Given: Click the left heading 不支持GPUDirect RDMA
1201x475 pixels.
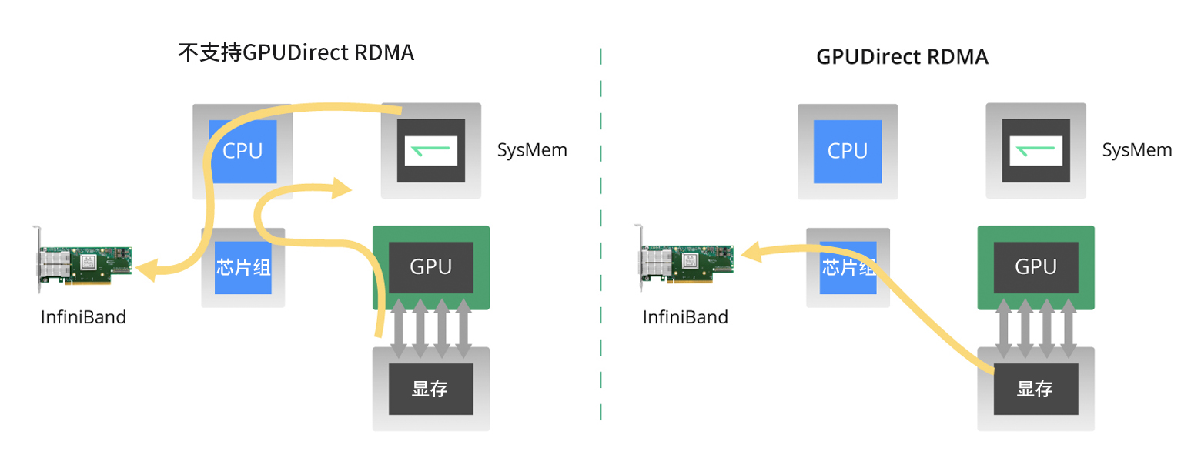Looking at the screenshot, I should pos(296,53).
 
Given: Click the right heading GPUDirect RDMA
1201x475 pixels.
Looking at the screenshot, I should pos(902,57).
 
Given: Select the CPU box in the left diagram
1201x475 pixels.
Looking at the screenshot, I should pos(243,151).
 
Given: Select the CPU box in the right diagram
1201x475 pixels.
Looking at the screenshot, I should pos(847,151).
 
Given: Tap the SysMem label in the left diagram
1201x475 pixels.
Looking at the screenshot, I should pos(532,150).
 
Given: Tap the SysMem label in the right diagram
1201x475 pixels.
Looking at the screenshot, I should pos(1136,150).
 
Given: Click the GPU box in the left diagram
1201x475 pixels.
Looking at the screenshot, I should pos(430,267).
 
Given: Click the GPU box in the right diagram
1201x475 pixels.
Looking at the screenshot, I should pos(1035,267).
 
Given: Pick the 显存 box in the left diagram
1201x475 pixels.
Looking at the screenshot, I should pos(430,389).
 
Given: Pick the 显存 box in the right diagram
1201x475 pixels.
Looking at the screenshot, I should pos(1035,389).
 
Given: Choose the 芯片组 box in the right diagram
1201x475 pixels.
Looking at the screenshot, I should pos(847,267).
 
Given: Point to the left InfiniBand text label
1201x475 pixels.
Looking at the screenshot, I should pos(83,316).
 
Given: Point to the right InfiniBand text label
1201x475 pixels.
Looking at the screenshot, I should pos(685,316).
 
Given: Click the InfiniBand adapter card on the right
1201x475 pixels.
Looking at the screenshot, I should pos(685,263).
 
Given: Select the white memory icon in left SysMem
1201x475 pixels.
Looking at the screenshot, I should pos(430,150).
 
